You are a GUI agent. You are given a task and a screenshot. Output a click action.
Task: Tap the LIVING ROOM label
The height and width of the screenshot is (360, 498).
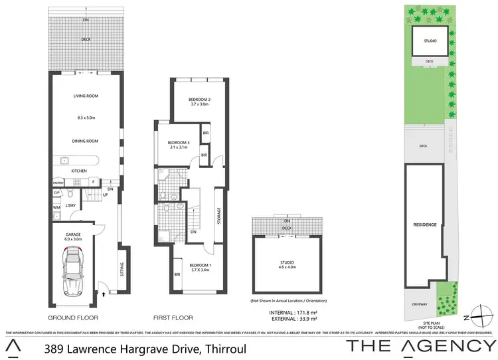[x=86, y=96]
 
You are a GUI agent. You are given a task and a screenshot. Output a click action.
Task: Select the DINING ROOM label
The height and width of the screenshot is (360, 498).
[x=86, y=141]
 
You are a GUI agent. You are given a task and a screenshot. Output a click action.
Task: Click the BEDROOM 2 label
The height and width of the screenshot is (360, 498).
[x=200, y=100]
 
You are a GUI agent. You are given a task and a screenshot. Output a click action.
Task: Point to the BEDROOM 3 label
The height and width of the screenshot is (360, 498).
[x=179, y=143]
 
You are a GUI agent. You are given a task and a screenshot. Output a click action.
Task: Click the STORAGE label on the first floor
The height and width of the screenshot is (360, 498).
[x=218, y=217]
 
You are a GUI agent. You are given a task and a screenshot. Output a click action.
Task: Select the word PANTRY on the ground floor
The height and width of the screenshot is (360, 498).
[x=57, y=181]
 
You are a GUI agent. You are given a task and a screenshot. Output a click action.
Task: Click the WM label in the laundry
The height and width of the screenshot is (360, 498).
[x=56, y=208]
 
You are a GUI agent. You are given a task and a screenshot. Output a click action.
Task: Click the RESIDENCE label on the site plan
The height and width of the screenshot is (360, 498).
[x=426, y=225]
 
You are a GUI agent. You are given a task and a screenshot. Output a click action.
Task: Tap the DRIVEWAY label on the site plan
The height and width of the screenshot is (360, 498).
[x=418, y=306]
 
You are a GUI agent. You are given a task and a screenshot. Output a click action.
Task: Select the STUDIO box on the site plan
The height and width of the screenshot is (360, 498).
[x=430, y=42]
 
